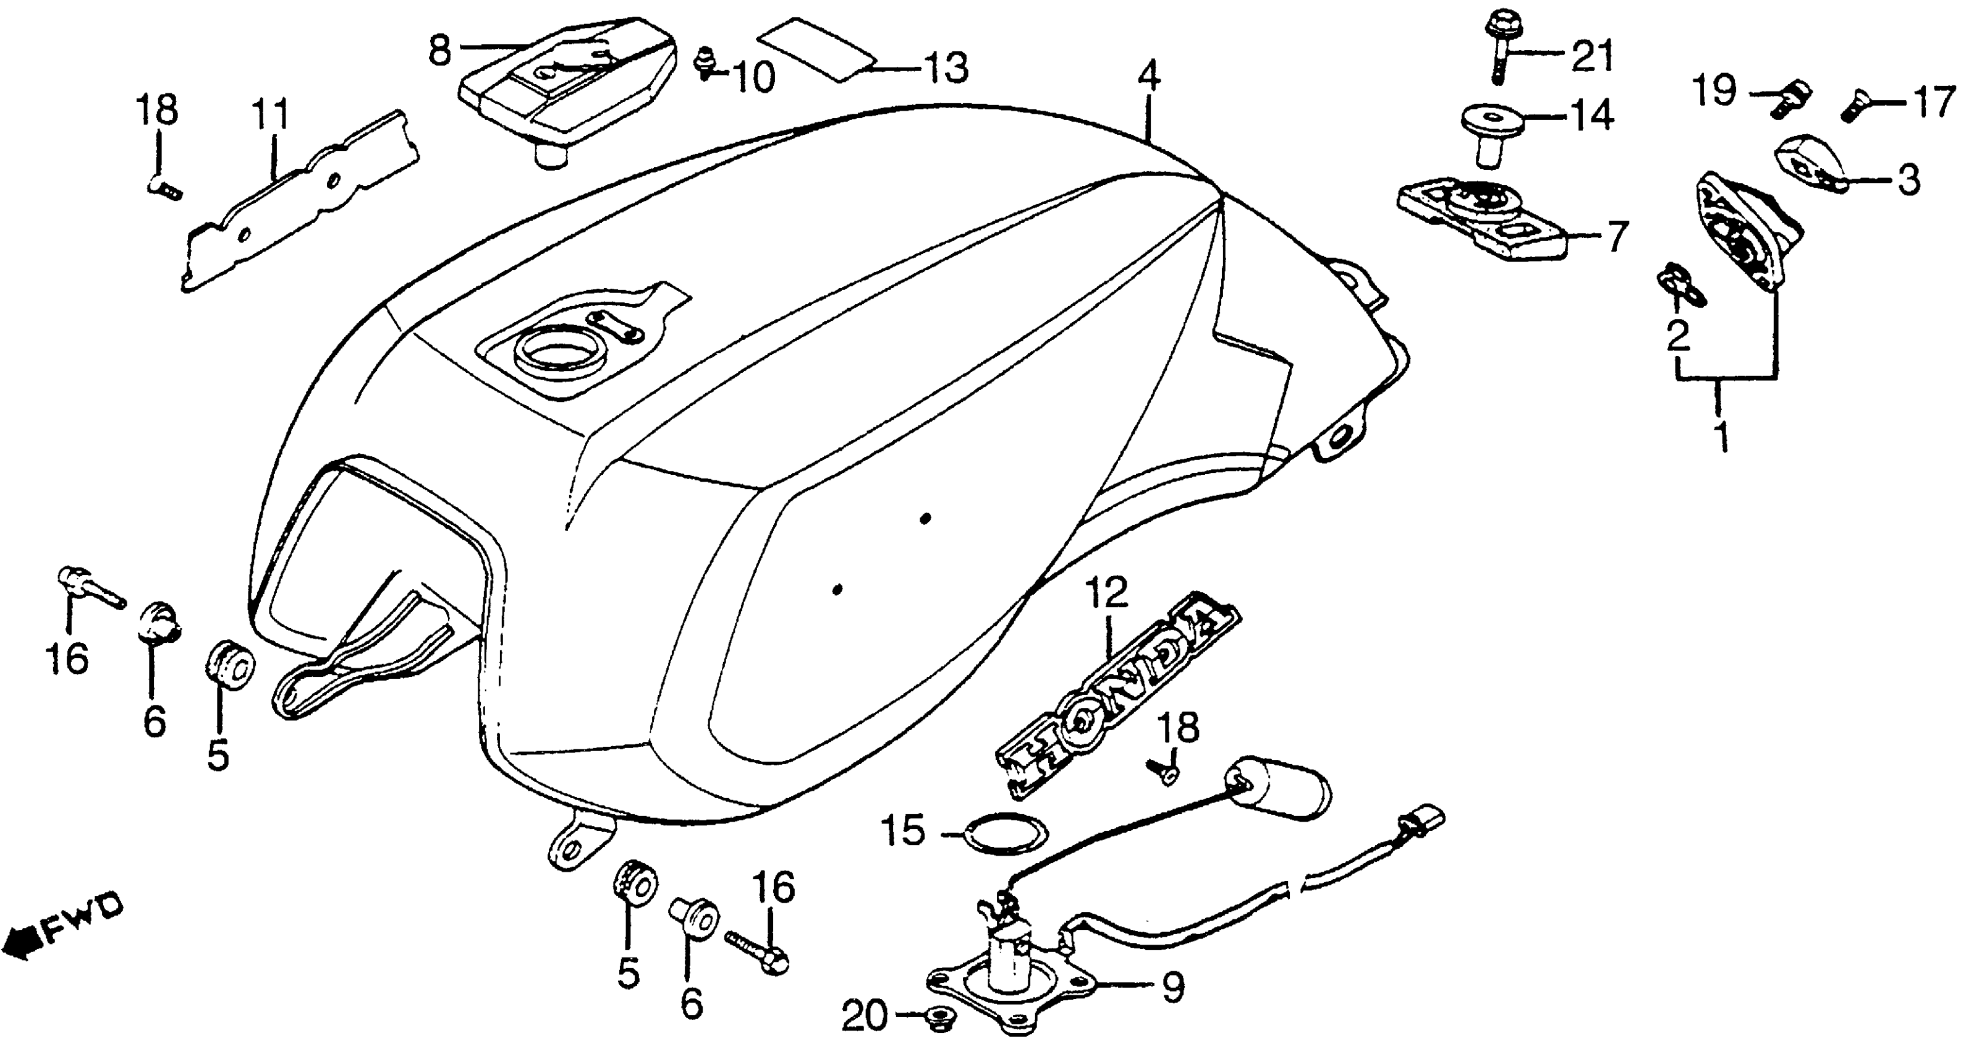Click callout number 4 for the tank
click(1149, 76)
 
